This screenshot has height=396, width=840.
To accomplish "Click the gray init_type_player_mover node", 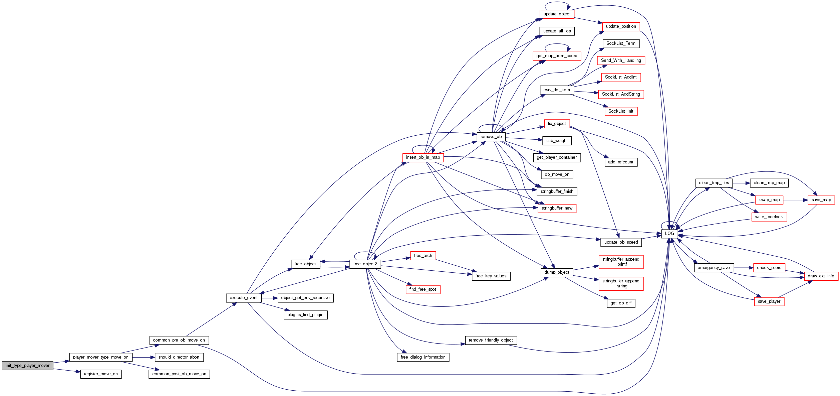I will coord(27,366).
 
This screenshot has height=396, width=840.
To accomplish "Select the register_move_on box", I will coord(101,374).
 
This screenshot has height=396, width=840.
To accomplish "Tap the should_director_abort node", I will coord(179,357).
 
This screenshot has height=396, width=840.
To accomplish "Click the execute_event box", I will coord(243,298).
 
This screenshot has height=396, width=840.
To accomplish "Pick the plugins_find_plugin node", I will coord(305,315).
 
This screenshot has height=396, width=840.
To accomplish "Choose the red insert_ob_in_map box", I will coord(423,157).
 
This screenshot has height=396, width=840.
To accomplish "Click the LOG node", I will coord(669,234).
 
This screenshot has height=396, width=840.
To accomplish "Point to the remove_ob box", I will coord(491,137).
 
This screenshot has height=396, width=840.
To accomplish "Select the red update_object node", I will coord(557,14).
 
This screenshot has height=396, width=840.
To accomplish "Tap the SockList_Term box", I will coord(621,43).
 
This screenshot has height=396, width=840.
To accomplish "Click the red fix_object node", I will coord(557,124).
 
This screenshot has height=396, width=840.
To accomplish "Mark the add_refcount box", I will coord(621,162).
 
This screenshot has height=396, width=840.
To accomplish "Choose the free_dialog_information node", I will coord(423,357).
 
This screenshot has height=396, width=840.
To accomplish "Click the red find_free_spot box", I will coord(423,289).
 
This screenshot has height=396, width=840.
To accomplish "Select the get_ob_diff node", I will coord(621,303).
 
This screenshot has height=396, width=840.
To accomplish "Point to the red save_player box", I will coord(769,301).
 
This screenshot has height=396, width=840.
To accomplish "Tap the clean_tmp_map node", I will coord(769,183).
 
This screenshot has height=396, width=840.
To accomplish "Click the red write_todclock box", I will coord(769,217).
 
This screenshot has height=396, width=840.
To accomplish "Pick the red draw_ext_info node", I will coord(821,276).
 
